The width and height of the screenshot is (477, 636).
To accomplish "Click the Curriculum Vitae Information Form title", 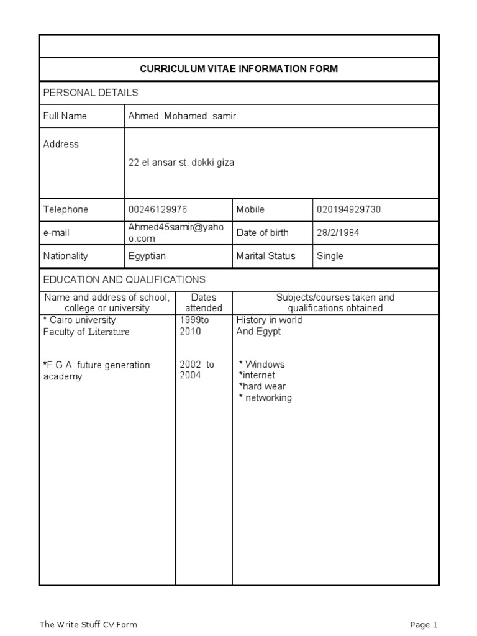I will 239,69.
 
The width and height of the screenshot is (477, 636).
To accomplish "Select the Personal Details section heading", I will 91,93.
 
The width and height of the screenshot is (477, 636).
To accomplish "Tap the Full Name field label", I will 65,116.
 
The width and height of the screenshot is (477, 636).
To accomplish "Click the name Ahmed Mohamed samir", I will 182,116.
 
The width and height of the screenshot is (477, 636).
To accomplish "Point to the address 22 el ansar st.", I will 181,163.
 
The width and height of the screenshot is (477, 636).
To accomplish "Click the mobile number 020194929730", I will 348,209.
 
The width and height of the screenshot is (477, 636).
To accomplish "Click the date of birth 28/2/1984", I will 338,232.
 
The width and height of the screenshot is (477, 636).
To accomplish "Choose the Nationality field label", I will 66,256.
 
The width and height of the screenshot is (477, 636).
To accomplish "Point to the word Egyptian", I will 147,256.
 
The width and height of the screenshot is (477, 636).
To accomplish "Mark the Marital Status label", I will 266,256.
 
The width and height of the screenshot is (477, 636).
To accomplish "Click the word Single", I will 330,256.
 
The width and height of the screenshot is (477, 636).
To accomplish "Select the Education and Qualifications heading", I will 124,279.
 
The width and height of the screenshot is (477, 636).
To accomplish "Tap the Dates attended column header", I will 204,302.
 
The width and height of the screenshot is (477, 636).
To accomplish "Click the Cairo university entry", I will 79,320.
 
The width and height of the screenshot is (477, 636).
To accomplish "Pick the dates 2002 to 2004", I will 197,370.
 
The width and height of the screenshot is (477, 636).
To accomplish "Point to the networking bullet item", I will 265,397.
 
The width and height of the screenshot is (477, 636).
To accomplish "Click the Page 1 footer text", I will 424,624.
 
